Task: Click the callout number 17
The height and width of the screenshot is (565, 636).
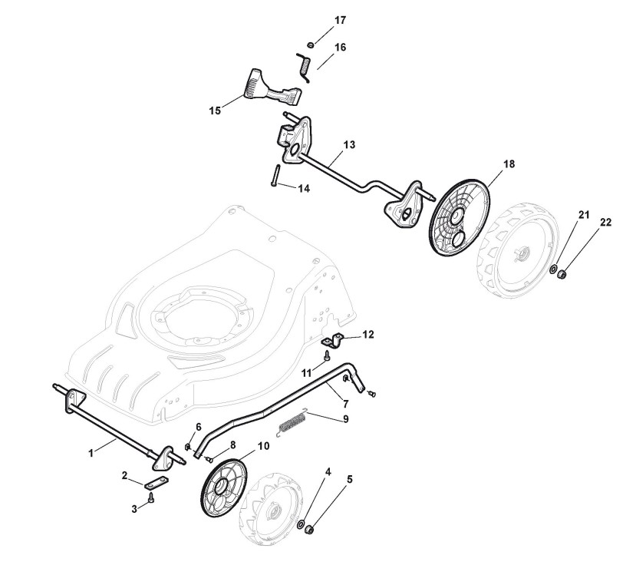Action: (x=340, y=19)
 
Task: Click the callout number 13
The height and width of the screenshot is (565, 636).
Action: (x=349, y=144)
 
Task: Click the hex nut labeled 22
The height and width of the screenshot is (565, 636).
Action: (x=562, y=272)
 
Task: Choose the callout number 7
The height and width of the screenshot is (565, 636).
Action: (x=345, y=404)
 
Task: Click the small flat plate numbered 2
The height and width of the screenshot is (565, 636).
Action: (x=156, y=484)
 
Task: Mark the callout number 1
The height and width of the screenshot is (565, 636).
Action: (x=91, y=453)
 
